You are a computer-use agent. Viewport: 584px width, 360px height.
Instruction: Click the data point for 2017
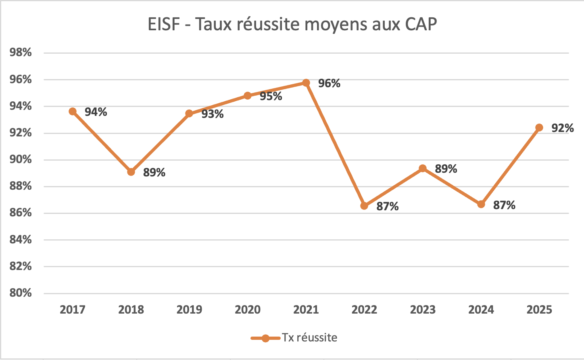[73, 111]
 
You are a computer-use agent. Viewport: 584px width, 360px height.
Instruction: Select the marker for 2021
[306, 83]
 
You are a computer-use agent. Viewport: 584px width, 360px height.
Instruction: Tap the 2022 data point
[364, 206]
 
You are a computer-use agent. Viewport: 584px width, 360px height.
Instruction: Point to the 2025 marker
[539, 128]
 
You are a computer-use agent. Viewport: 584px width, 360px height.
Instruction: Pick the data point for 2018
[131, 172]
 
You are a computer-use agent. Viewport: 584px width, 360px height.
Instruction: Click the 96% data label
[329, 84]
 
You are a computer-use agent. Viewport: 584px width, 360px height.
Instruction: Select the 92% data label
[563, 128]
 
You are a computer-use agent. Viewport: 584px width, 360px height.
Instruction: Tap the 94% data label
[96, 112]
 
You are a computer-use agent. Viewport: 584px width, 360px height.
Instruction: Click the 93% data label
[213, 114]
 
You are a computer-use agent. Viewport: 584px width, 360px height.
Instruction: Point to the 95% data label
[271, 96]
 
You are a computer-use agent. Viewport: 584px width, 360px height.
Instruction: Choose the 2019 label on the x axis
[190, 310]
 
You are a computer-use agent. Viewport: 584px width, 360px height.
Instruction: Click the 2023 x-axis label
[423, 310]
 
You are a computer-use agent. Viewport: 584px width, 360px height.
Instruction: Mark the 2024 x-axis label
[481, 310]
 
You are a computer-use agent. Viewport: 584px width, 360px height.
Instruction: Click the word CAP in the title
[419, 25]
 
